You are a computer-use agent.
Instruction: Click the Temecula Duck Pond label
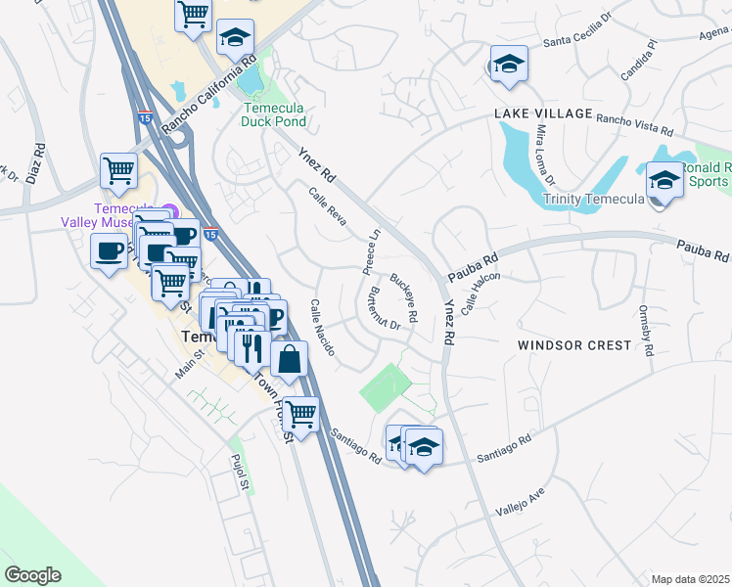point(274,114)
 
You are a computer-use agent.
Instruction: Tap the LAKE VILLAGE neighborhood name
point(543,113)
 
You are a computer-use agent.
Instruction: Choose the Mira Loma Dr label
point(543,155)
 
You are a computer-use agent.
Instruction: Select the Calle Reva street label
point(328,205)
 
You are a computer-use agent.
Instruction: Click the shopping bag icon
point(290,358)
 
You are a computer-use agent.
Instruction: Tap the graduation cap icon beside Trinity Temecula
point(663,180)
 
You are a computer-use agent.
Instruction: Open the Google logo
point(32,575)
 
